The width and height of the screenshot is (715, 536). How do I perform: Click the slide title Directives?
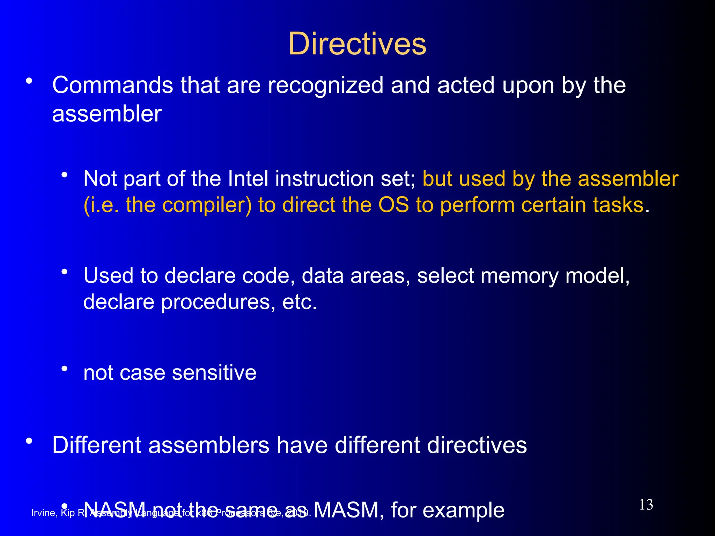pos(357,44)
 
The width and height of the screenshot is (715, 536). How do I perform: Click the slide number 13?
pos(646,505)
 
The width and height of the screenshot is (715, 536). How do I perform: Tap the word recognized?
pos(325,86)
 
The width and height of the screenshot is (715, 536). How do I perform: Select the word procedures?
pos(215,302)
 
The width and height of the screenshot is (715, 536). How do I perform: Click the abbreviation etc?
pos(300,302)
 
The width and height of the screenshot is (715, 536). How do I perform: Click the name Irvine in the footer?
pos(44,513)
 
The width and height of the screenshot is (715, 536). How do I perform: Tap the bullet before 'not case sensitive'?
pos(64,368)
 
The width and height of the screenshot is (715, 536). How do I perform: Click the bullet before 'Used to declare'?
pos(64,272)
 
